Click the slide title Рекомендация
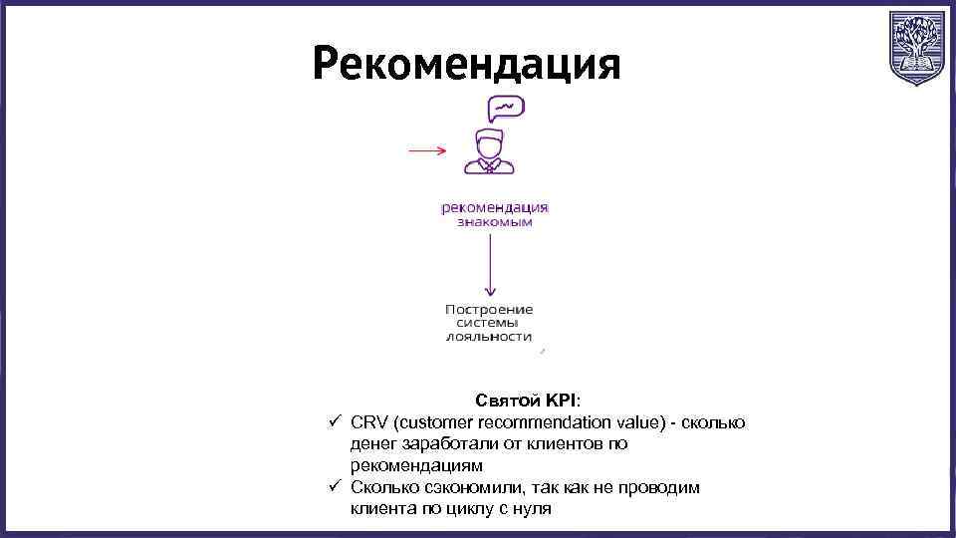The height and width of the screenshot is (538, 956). [466, 65]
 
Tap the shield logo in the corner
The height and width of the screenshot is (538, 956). [915, 49]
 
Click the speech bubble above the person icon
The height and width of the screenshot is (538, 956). [505, 108]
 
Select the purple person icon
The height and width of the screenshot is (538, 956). [488, 152]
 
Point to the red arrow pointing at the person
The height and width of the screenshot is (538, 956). [427, 151]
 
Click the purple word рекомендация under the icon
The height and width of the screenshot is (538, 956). [495, 208]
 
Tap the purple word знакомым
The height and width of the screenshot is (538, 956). [495, 222]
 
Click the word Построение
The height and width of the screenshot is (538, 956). [489, 309]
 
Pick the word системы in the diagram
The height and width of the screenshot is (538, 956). [489, 323]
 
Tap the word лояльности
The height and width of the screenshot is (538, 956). [489, 337]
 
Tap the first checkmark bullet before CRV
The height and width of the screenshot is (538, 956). [336, 422]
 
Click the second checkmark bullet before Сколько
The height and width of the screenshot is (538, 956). [336, 487]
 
